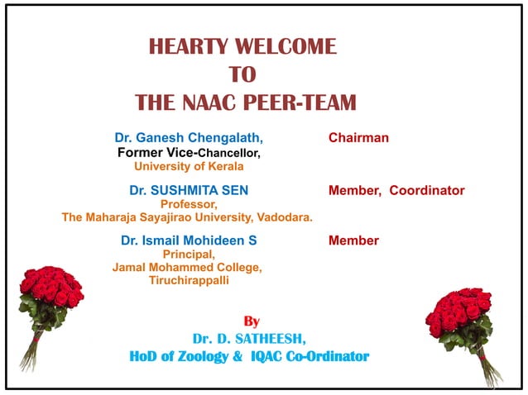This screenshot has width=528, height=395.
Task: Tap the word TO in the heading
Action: pos(242,74)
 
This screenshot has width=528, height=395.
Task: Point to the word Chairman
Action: pos(358,138)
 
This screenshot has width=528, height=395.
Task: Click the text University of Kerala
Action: pos(189,167)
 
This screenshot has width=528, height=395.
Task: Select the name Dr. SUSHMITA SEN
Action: pos(189,190)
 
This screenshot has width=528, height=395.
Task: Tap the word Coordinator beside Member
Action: pos(427,190)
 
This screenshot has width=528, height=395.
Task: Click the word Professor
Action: pos(189,204)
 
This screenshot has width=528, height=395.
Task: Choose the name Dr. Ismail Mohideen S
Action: pos(189,240)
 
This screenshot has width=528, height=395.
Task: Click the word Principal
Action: pos(189,255)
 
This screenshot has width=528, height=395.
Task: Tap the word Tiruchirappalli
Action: pos(189,280)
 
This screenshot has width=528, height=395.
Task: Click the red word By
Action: pos(252,321)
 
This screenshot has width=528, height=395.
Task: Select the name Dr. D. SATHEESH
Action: pos(247,339)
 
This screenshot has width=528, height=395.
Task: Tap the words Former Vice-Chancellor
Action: pos(189,153)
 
